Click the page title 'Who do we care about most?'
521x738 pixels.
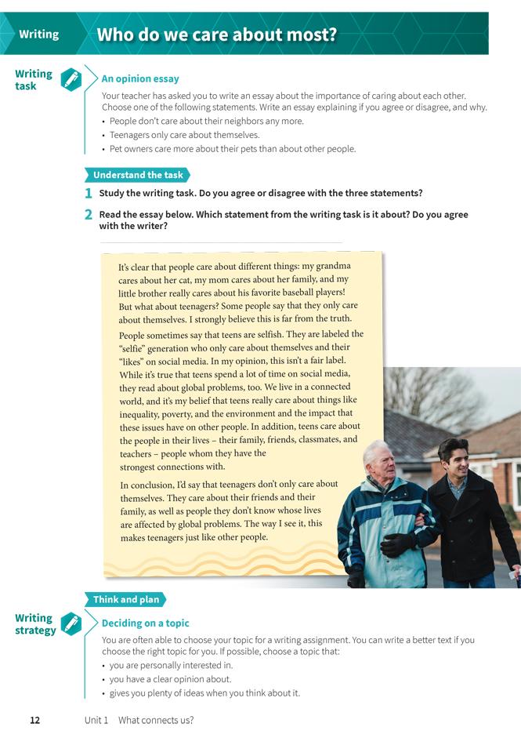(216, 35)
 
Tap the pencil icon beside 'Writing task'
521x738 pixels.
(71, 80)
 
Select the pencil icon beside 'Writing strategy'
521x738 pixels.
(71, 623)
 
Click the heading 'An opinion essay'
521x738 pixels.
(140, 78)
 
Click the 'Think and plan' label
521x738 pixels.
(125, 600)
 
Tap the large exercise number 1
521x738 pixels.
(89, 194)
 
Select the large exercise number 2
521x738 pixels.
(89, 214)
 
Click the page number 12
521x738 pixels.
(34, 720)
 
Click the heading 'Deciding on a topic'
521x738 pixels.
(146, 623)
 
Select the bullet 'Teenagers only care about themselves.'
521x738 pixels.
(173, 135)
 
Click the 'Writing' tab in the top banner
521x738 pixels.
(39, 35)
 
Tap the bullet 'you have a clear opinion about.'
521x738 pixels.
(170, 679)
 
